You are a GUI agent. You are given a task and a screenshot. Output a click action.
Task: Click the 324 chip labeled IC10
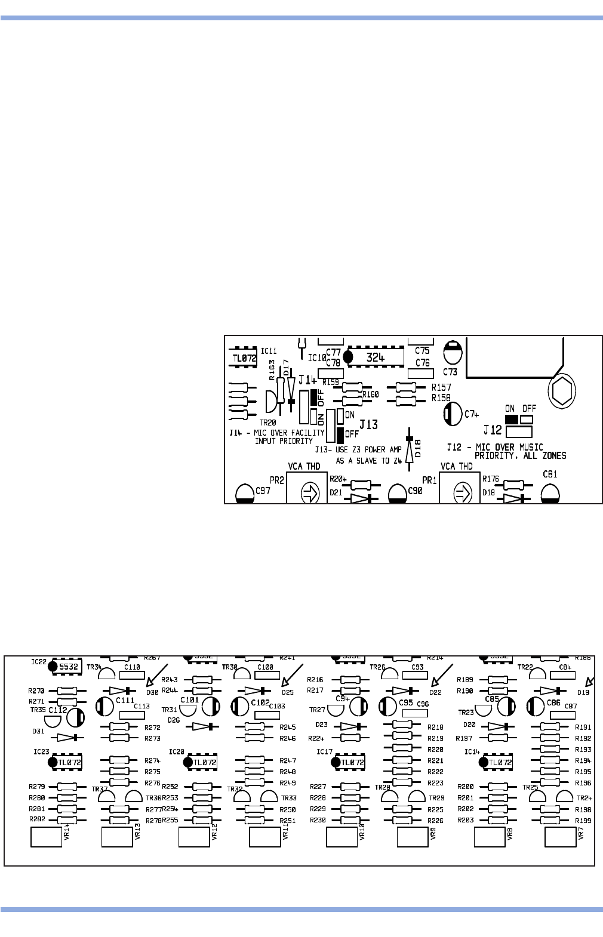[x=375, y=356]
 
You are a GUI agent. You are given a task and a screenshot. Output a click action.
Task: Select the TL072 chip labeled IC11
[x=244, y=358]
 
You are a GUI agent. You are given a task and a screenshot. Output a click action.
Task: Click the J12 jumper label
[x=493, y=429]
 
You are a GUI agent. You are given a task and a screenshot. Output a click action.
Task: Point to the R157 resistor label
[x=442, y=387]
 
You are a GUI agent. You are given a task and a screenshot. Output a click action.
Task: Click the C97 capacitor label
[x=263, y=491]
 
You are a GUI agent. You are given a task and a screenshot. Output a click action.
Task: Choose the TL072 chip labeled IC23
[x=66, y=762]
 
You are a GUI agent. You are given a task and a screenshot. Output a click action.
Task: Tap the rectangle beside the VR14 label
[x=46, y=837]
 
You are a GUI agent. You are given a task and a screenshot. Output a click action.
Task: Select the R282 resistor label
[x=37, y=819]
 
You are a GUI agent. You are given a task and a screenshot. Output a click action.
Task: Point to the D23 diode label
[x=321, y=725]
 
